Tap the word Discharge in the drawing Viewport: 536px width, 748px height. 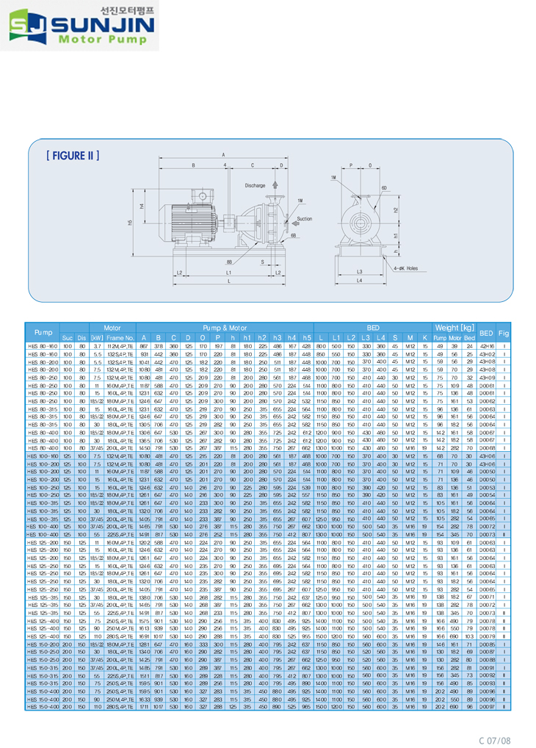point(255,185)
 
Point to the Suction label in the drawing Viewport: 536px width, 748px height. point(303,218)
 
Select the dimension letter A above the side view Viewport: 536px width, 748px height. point(223,155)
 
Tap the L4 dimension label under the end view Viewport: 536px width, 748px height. point(359,281)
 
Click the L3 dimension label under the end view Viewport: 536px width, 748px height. point(359,271)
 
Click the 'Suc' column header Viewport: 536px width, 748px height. point(67,337)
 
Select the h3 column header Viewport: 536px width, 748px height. point(277,337)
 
